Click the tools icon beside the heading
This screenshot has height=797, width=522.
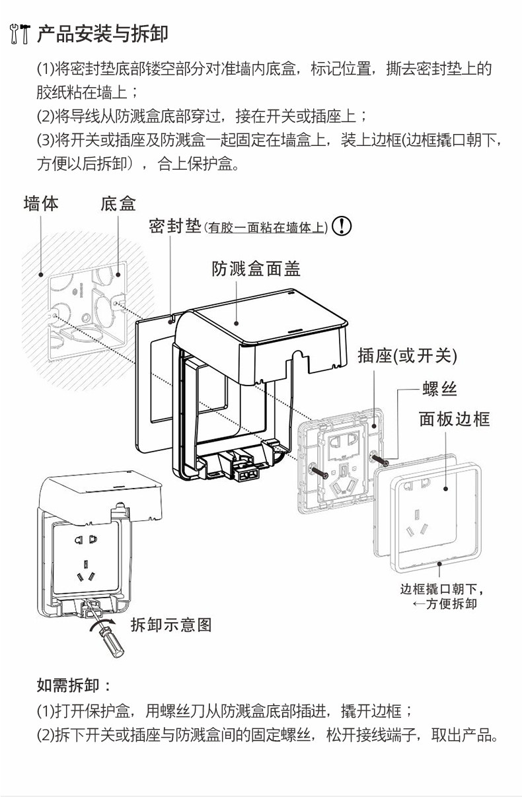click(x=19, y=33)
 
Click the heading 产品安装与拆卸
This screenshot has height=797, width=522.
click(x=102, y=33)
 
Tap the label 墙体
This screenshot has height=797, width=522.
click(x=41, y=203)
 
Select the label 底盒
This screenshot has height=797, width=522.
click(x=118, y=203)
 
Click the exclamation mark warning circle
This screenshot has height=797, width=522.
click(x=341, y=226)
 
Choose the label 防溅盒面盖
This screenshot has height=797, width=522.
click(x=256, y=269)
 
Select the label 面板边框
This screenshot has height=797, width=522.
click(x=454, y=419)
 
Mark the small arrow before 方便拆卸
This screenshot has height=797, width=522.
click(x=418, y=604)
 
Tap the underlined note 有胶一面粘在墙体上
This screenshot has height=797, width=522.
click(x=266, y=228)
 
